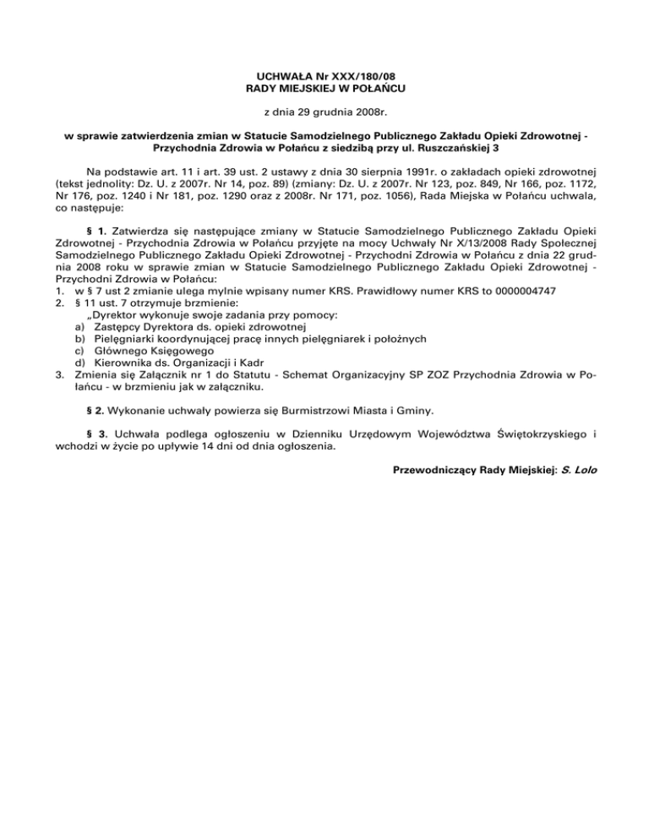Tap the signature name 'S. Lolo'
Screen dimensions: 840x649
click(576, 471)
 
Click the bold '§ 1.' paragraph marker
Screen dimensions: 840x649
click(96, 230)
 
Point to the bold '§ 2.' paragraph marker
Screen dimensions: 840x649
click(96, 411)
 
